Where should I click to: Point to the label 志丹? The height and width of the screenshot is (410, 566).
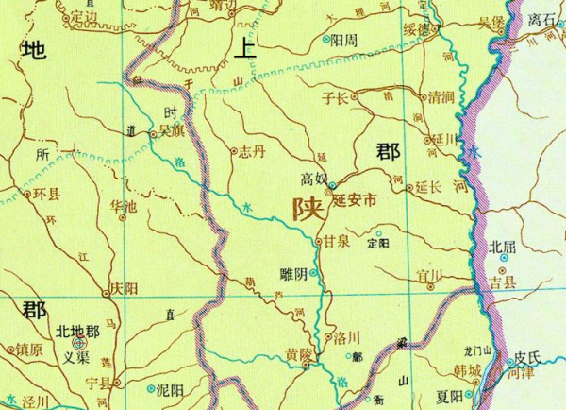[253, 150]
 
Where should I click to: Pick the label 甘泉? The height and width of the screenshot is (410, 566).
[338, 242]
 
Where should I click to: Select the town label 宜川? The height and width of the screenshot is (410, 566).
[430, 276]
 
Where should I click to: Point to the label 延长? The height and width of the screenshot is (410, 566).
[429, 188]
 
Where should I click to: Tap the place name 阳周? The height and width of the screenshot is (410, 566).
[343, 41]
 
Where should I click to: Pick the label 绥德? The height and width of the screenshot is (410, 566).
[416, 29]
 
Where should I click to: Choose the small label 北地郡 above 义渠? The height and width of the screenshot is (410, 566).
[77, 331]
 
